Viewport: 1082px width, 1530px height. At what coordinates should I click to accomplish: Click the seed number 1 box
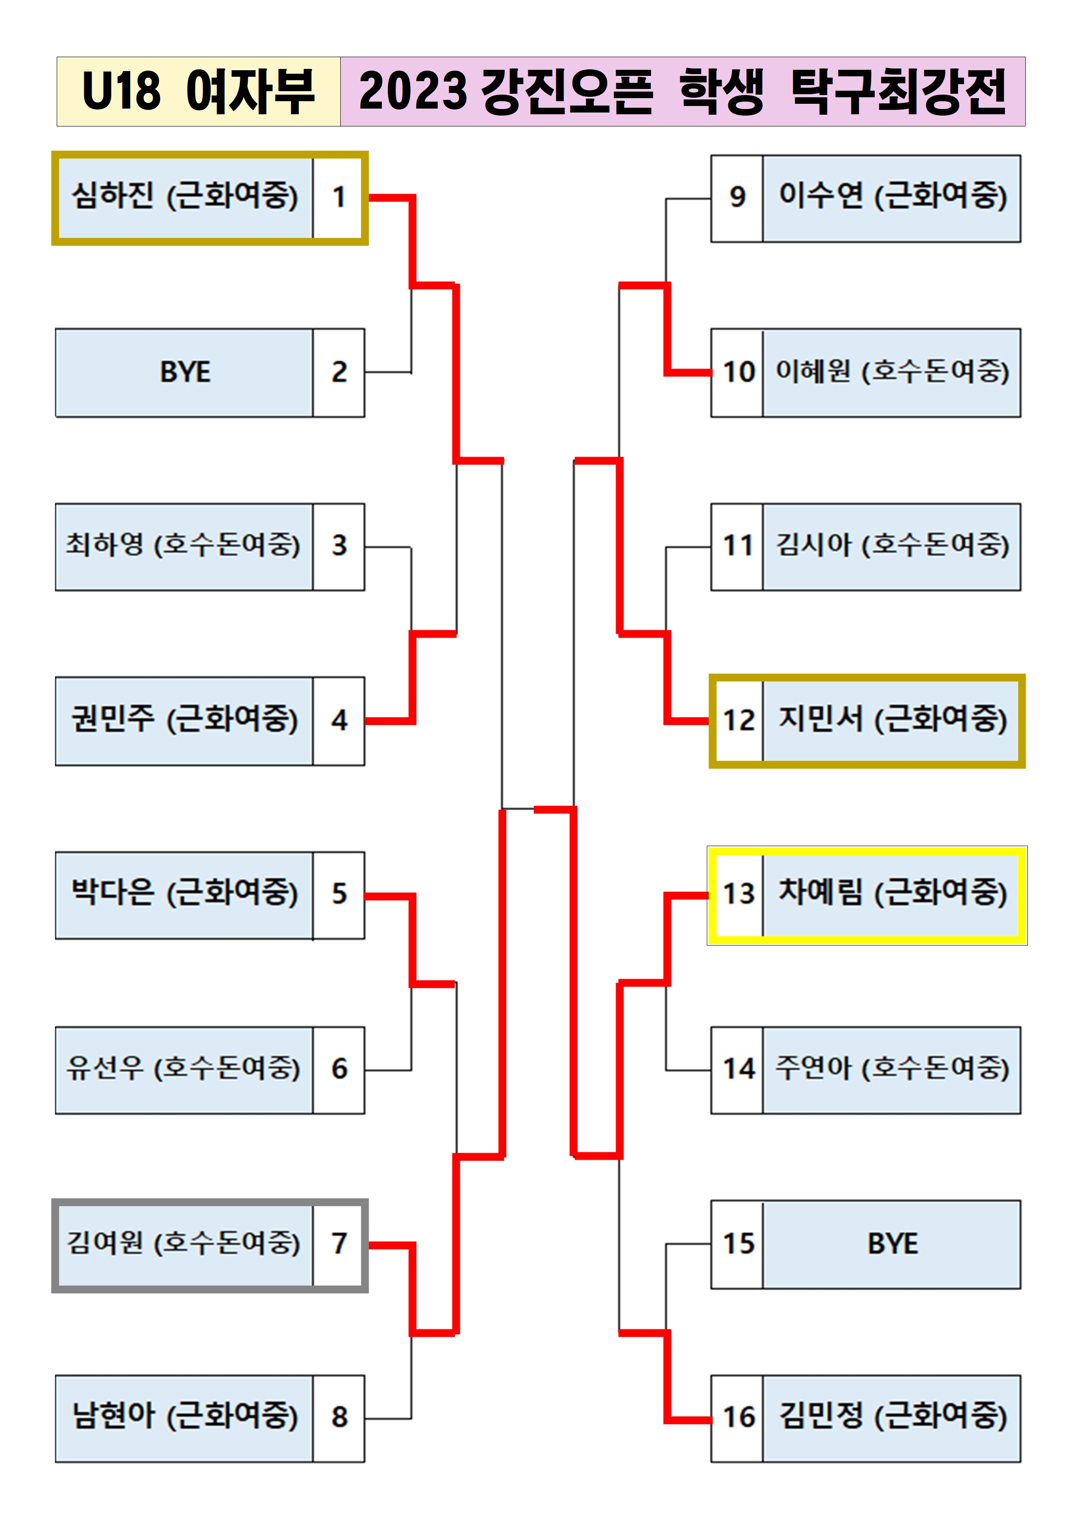(339, 197)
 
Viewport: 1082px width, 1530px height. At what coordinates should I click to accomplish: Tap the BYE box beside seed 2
(185, 372)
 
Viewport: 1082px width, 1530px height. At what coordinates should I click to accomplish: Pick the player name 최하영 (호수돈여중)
(183, 545)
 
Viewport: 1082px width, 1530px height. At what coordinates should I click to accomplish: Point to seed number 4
(339, 721)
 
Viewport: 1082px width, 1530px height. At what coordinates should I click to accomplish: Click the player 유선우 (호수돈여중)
(183, 1068)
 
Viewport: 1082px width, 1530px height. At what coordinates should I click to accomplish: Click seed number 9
(736, 197)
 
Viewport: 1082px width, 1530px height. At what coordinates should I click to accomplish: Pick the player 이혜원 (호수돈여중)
(892, 372)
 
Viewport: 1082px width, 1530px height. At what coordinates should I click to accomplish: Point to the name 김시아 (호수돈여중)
(892, 545)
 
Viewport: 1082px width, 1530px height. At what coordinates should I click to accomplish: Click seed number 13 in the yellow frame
(738, 894)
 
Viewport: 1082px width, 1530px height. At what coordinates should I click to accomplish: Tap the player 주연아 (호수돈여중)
(892, 1068)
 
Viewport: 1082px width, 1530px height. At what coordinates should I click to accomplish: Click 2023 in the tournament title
(413, 91)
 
